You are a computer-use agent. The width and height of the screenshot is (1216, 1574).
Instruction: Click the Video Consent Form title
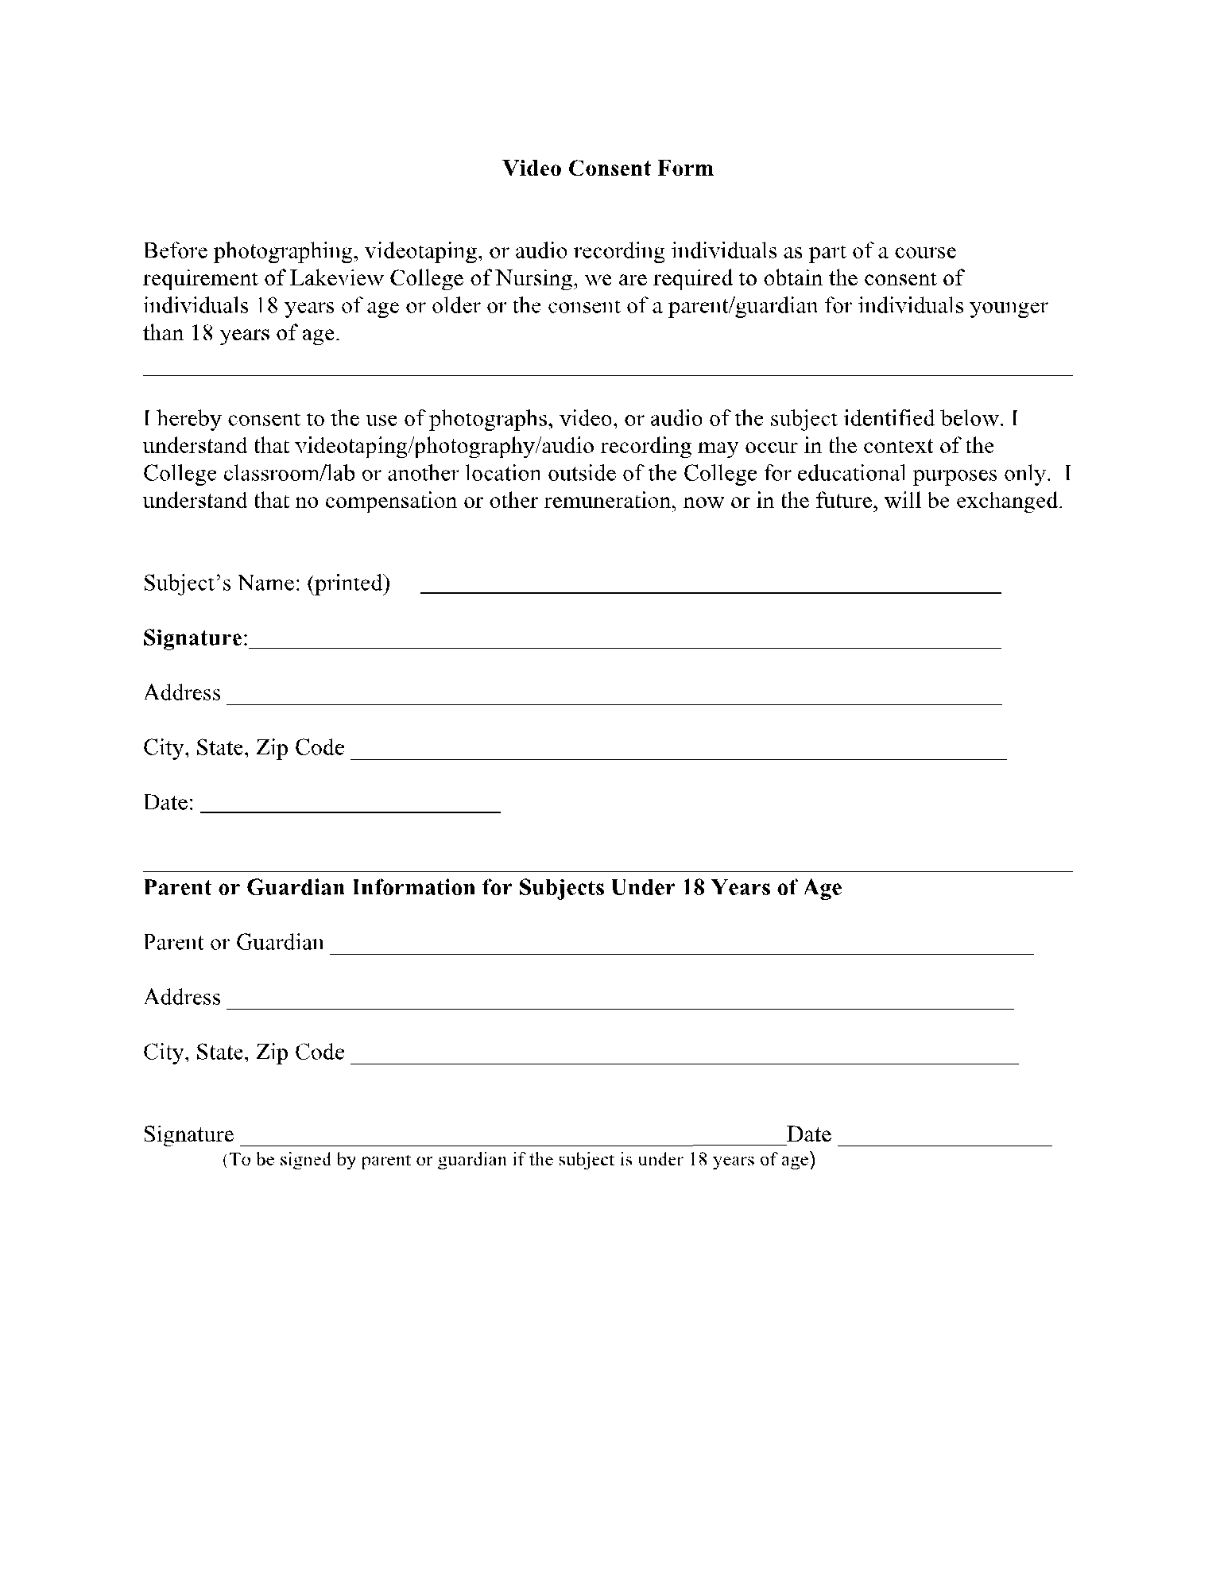coord(607,169)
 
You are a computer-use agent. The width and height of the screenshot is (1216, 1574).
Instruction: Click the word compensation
coord(390,502)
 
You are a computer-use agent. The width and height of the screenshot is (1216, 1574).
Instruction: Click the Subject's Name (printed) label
coord(266,583)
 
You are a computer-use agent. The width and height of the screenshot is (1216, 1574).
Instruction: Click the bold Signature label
coord(195,638)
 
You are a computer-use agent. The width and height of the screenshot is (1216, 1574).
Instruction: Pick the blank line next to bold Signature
coord(624,647)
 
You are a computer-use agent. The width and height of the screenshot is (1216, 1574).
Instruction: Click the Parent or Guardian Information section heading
coord(492,888)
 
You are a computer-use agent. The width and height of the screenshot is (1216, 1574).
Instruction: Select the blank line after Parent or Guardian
coord(681,952)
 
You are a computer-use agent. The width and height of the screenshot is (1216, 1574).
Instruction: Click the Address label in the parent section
coord(182,998)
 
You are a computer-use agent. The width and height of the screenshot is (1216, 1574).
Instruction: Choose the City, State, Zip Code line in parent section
coord(684,1061)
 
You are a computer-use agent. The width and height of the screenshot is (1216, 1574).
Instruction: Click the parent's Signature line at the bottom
coord(509,1143)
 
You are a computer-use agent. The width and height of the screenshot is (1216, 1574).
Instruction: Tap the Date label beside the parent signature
coord(808,1134)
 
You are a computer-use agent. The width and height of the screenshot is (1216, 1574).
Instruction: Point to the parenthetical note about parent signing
coord(518,1160)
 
